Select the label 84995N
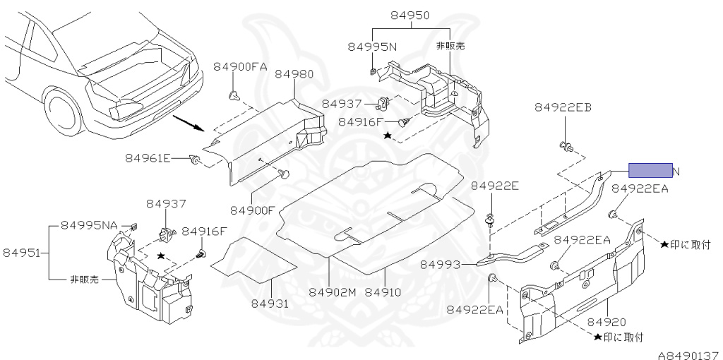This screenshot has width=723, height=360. [373, 47]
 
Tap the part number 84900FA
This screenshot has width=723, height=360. [240, 66]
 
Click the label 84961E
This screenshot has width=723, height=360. [148, 157]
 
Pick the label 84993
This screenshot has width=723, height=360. [440, 264]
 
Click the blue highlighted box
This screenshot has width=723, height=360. [650, 170]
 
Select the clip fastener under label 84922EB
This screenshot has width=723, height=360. [566, 147]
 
